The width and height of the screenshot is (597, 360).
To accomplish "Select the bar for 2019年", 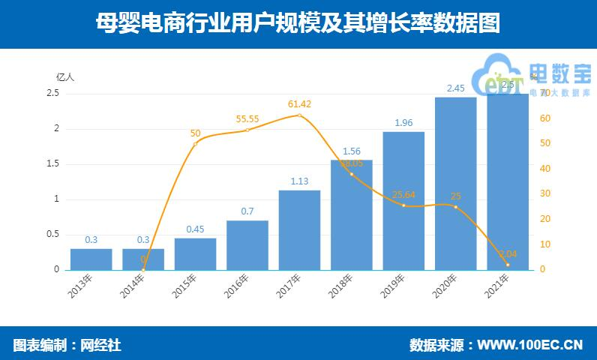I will [x=403, y=200].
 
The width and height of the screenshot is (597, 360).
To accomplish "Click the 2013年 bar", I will [x=91, y=259].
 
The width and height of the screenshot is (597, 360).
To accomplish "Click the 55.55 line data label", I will [x=247, y=118].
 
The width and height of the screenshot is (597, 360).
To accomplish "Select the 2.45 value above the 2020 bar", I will [x=455, y=88].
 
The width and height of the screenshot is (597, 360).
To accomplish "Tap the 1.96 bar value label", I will [x=403, y=122].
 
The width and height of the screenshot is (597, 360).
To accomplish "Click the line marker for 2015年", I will [x=195, y=143].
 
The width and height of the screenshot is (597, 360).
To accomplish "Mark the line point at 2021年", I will [x=508, y=265].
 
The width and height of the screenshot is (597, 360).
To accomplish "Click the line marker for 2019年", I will [x=403, y=205].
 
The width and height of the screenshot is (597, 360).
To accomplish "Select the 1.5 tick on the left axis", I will [x=53, y=163].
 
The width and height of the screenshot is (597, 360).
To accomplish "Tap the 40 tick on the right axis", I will [x=545, y=169].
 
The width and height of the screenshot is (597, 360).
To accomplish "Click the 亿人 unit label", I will [x=65, y=76].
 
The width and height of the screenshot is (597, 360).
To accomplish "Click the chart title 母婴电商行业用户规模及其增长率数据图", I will [x=298, y=24].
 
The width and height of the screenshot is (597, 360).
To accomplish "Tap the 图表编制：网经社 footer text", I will [x=67, y=345].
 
